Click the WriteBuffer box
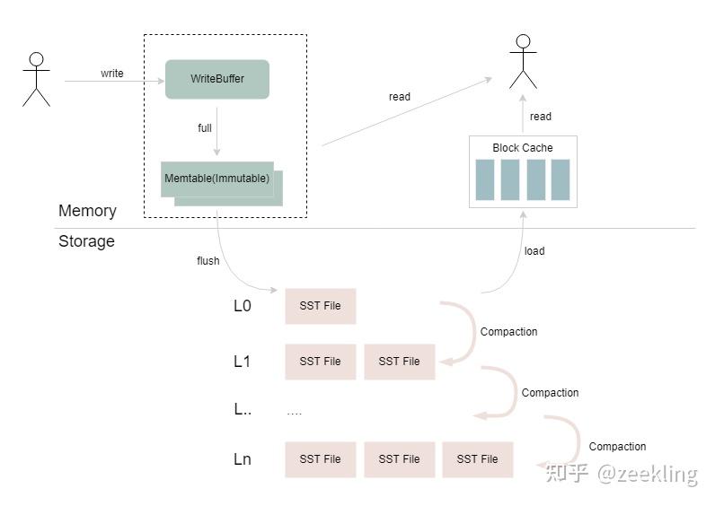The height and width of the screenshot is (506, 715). click(x=217, y=79)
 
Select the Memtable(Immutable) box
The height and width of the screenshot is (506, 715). click(x=217, y=179)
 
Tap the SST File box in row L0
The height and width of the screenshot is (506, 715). click(x=320, y=306)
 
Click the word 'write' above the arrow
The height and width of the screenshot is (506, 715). click(x=112, y=74)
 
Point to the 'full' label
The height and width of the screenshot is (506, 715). click(x=205, y=128)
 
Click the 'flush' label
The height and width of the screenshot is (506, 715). click(x=207, y=261)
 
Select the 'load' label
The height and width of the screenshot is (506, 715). click(x=534, y=251)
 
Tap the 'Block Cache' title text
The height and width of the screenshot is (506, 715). click(x=523, y=148)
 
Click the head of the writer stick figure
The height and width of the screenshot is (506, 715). click(x=37, y=59)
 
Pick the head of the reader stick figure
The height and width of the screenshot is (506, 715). click(x=523, y=41)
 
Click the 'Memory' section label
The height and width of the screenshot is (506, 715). click(x=87, y=211)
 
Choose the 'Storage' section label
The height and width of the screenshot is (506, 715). click(x=86, y=241)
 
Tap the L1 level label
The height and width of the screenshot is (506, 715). click(x=242, y=362)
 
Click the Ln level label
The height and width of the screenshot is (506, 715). click(x=243, y=459)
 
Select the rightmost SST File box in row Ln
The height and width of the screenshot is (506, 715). click(x=478, y=459)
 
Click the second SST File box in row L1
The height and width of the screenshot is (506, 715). click(x=400, y=362)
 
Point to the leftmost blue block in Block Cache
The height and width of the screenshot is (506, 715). click(x=485, y=180)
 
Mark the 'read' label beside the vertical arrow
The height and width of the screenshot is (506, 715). click(x=541, y=117)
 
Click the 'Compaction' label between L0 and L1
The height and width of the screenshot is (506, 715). click(x=509, y=332)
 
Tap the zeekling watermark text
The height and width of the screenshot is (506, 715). click(x=648, y=474)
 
